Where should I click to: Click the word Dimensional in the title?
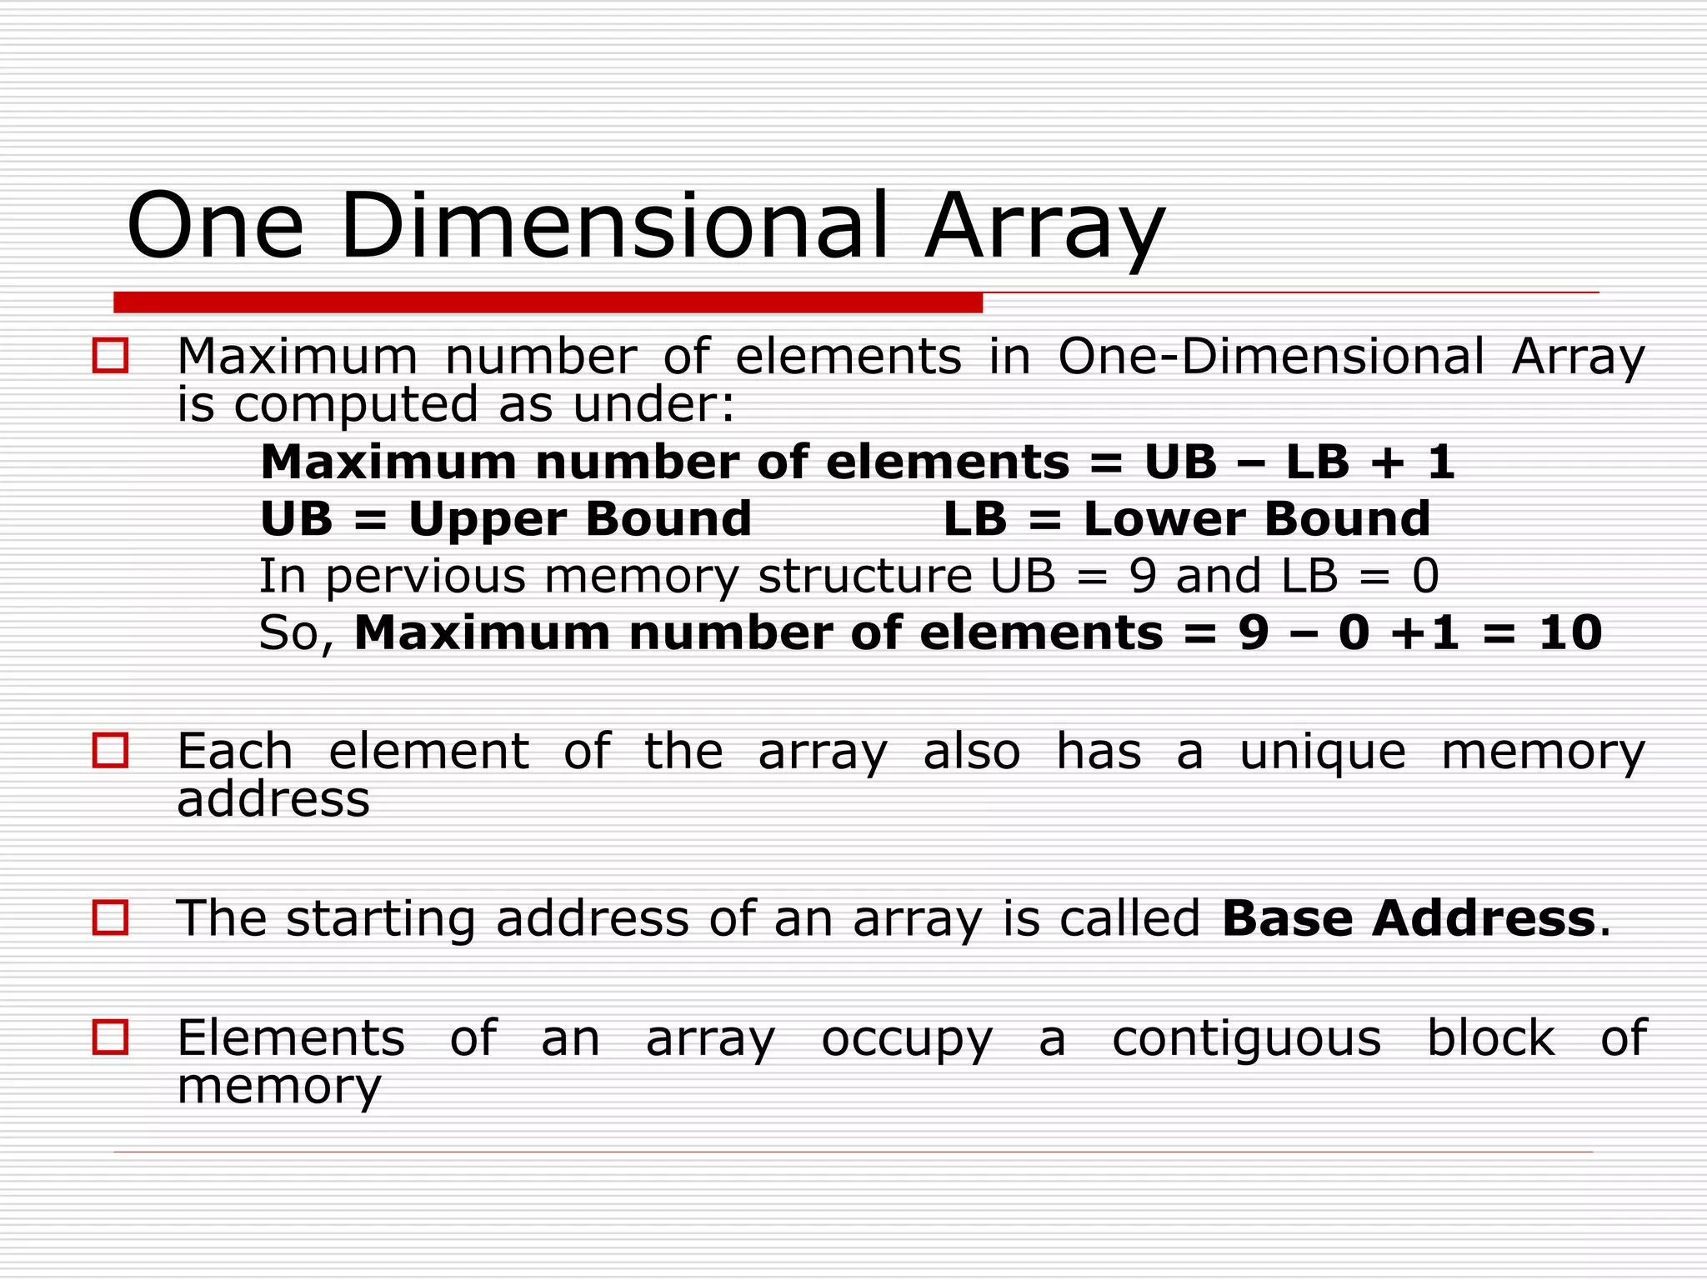coord(614,225)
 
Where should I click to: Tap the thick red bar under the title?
coord(548,302)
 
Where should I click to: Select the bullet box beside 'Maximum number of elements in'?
coord(110,356)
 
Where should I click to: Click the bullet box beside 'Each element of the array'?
coord(110,751)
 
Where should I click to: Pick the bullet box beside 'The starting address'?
coord(110,918)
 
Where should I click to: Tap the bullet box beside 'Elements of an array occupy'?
coord(110,1038)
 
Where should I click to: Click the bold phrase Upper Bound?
coord(580,519)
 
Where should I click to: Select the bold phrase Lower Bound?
coord(1257,519)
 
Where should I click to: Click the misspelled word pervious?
coord(426,577)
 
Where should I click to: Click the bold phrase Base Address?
coord(1409,918)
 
